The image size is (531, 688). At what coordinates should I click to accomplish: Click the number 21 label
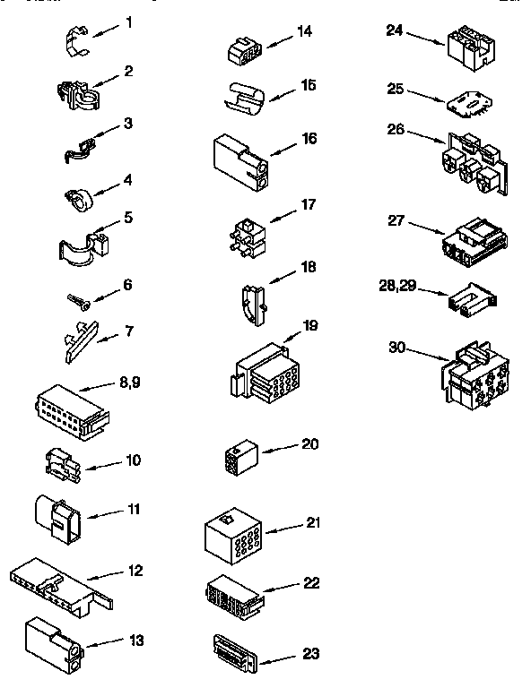coord(313,522)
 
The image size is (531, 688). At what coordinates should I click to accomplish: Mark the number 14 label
coord(305,31)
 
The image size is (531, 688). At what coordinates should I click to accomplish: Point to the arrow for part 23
coord(280,658)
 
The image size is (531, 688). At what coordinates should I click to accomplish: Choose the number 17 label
coord(309,204)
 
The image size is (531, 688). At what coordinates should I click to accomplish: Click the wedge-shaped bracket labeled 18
coord(251,305)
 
